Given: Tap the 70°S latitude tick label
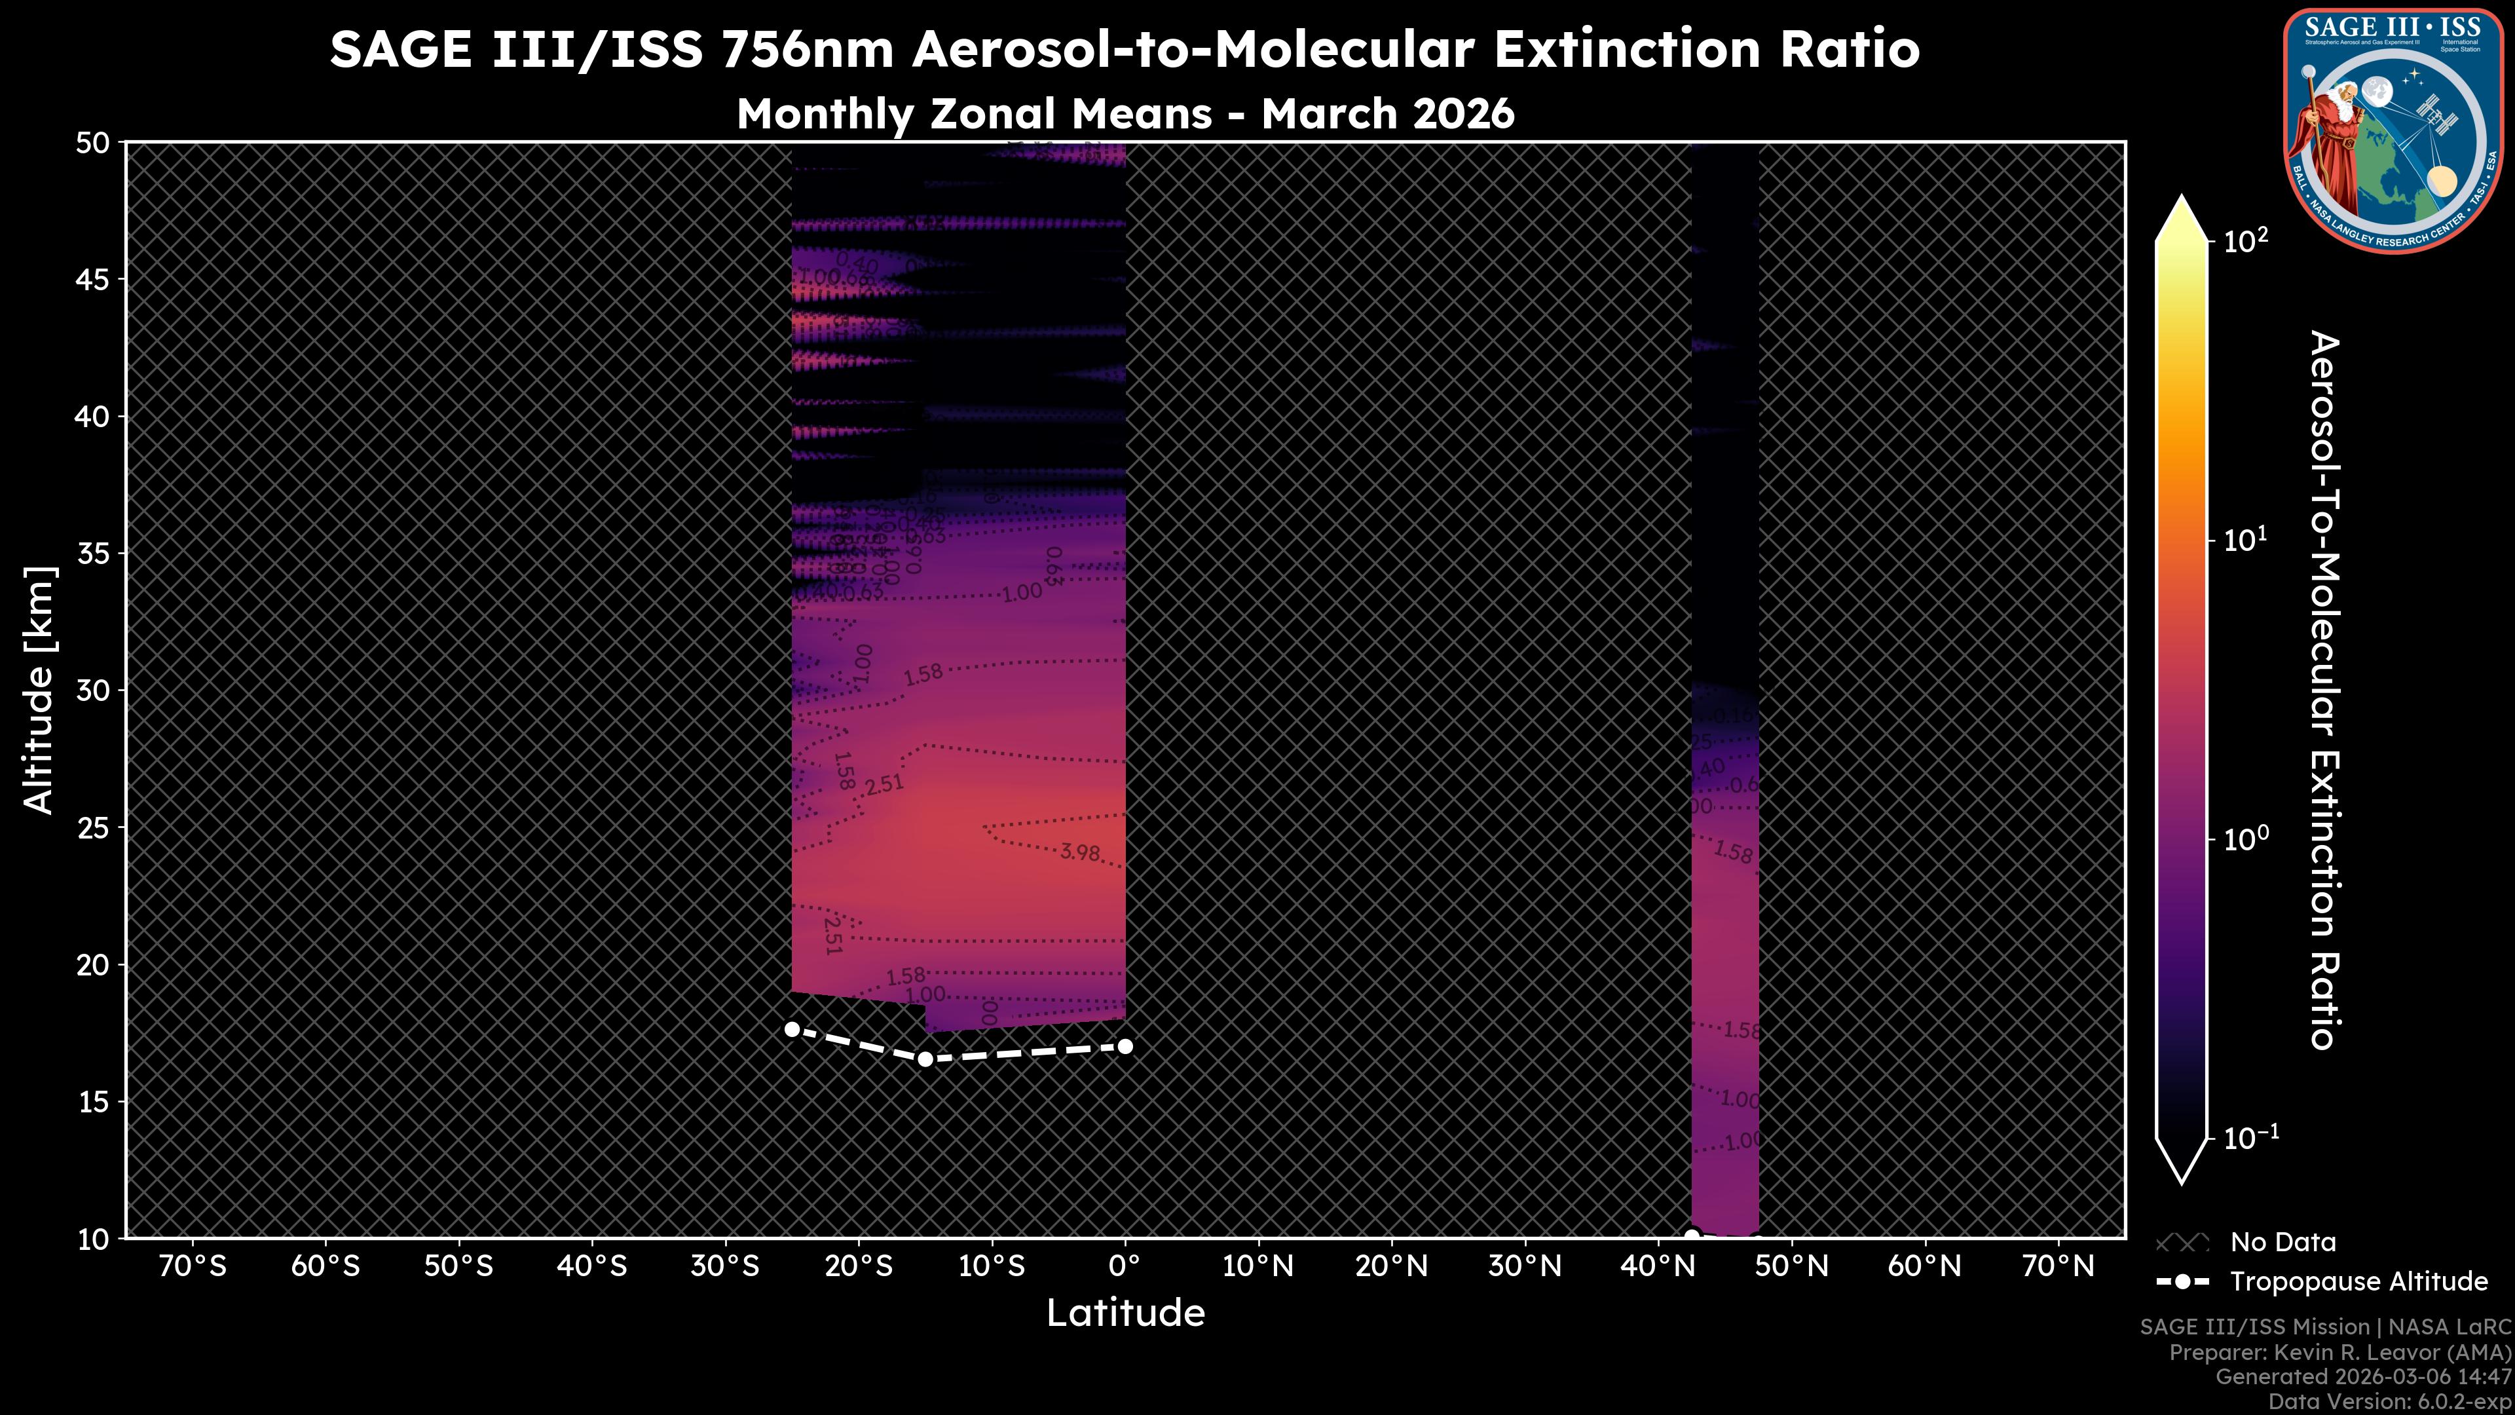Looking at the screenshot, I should (x=193, y=1266).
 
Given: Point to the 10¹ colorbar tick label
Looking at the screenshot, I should (x=2246, y=539).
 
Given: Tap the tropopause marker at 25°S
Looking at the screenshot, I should (x=792, y=1029).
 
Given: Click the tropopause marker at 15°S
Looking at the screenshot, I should (x=925, y=1059).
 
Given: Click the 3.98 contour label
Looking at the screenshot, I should (x=1080, y=852).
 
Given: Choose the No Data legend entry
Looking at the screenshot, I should (x=2282, y=1242).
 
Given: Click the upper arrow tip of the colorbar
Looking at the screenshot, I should (x=2181, y=200).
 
